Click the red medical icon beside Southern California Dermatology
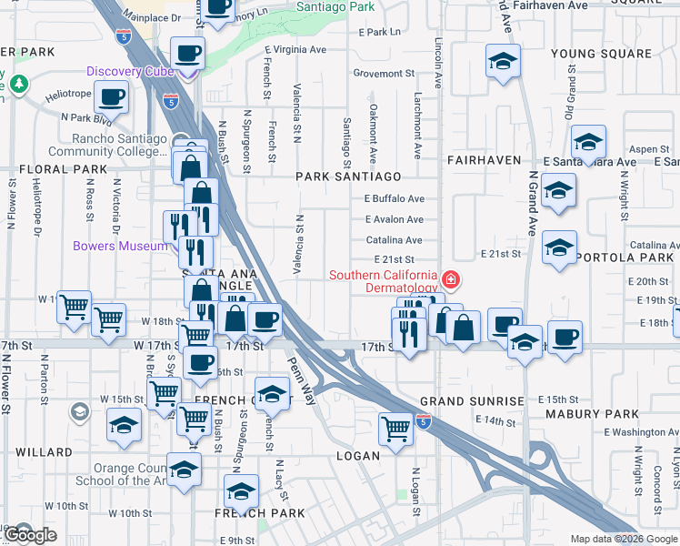450,278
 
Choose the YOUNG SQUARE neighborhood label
601,54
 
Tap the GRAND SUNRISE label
472,401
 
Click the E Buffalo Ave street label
394,198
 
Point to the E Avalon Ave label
394,219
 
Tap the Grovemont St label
383,73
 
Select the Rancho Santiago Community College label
119,146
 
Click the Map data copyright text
623,539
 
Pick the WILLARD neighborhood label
43,452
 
